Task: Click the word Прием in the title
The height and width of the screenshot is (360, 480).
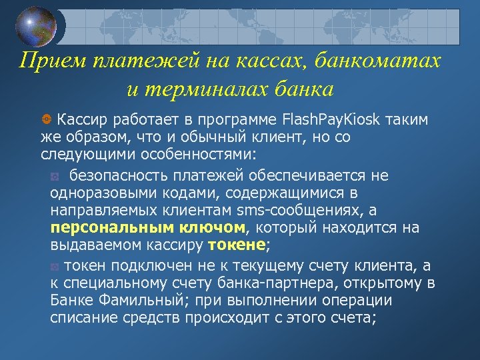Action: (45, 62)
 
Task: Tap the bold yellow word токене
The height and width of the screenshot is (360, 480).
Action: (237, 245)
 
